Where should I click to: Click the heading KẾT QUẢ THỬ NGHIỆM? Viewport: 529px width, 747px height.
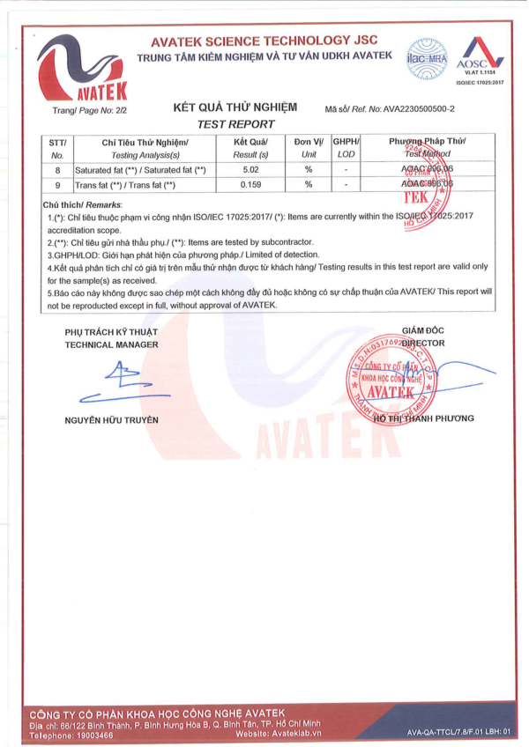[x=235, y=107]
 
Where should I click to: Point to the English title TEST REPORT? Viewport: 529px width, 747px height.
[x=236, y=124]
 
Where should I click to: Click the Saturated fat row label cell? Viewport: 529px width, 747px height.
[x=141, y=169]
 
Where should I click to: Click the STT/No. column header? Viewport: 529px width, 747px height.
[x=58, y=147]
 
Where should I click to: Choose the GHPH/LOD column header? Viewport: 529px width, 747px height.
[x=346, y=147]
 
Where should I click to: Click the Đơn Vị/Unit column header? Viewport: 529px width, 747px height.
[x=309, y=147]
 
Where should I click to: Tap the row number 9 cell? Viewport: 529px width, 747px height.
[x=58, y=185]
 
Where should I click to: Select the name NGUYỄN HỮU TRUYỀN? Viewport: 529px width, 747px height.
[x=112, y=419]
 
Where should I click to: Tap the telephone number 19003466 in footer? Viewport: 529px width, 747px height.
[x=91, y=733]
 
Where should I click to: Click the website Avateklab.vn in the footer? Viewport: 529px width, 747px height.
[x=294, y=733]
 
